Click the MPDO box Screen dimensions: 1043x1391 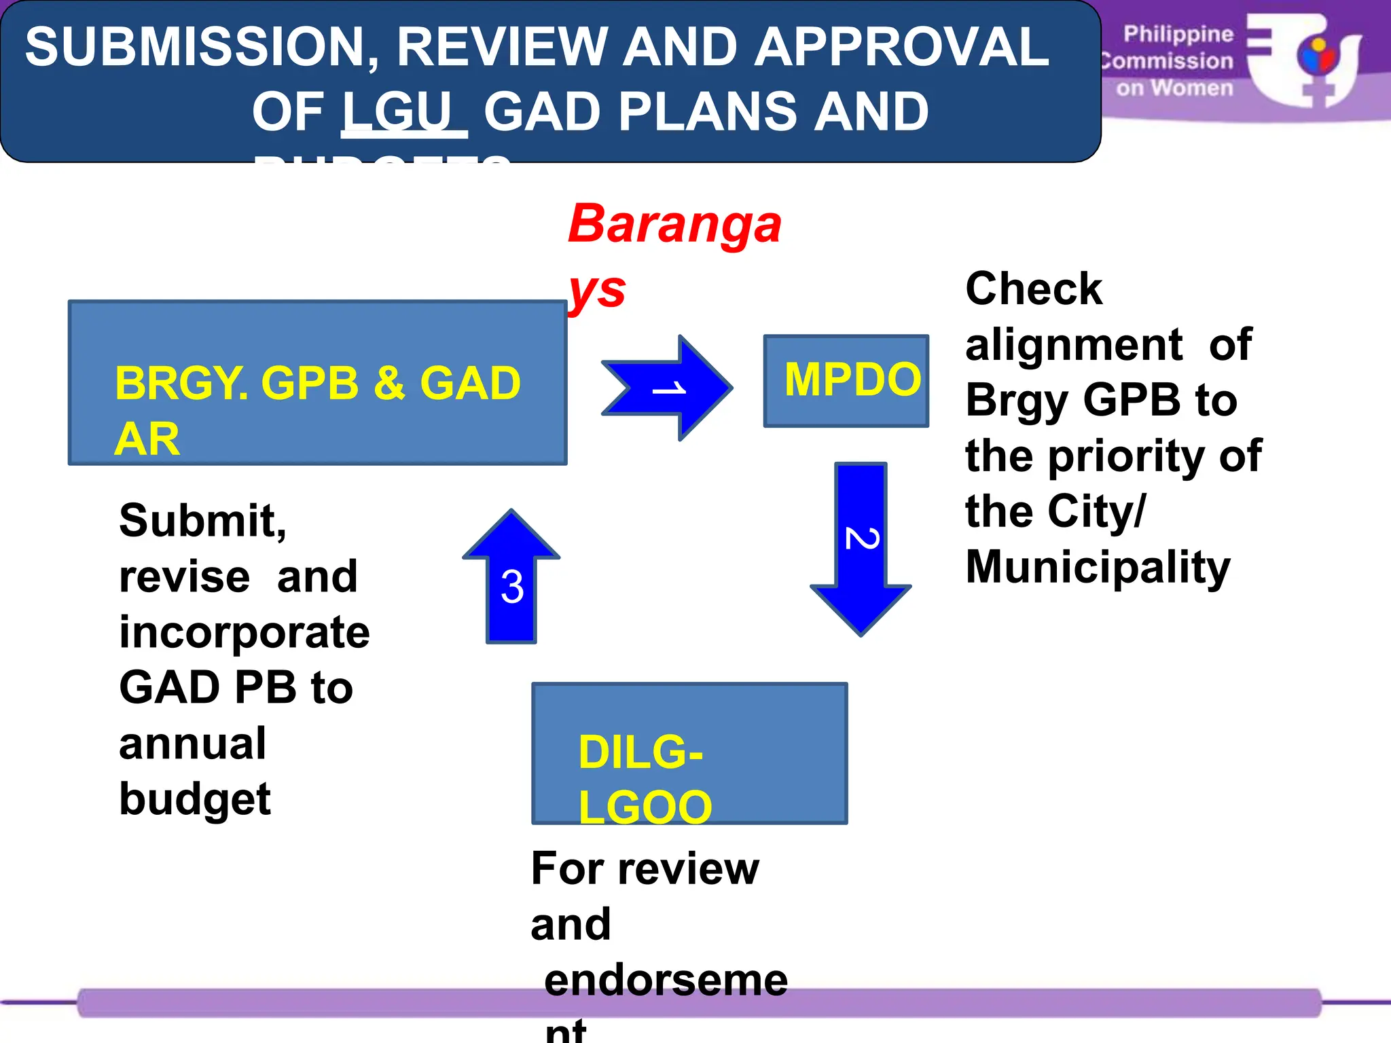(x=846, y=380)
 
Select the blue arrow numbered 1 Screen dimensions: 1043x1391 (x=669, y=388)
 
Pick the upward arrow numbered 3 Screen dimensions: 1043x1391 (x=511, y=577)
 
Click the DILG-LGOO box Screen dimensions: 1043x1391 (x=689, y=754)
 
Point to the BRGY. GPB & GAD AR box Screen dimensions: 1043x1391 (x=317, y=383)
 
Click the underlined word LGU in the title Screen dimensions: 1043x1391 (x=403, y=112)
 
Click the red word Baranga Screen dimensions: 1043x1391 (x=674, y=224)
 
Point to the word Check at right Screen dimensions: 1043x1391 (x=1033, y=289)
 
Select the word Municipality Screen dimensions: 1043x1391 (x=1098, y=567)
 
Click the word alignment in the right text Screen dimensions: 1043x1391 (x=1074, y=345)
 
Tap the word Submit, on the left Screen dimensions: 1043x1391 (x=202, y=521)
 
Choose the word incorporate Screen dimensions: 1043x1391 (x=245, y=632)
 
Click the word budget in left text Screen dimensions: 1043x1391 (x=195, y=799)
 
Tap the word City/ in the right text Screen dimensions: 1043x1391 (x=1096, y=511)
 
